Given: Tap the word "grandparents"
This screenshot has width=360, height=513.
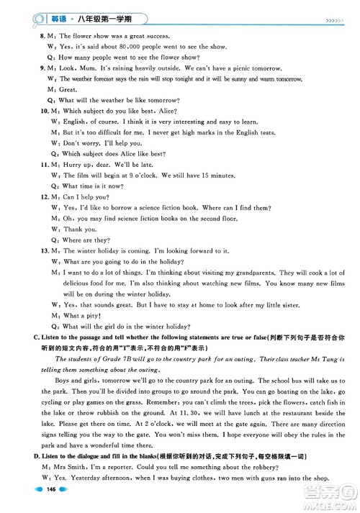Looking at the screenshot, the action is tap(249, 273).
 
